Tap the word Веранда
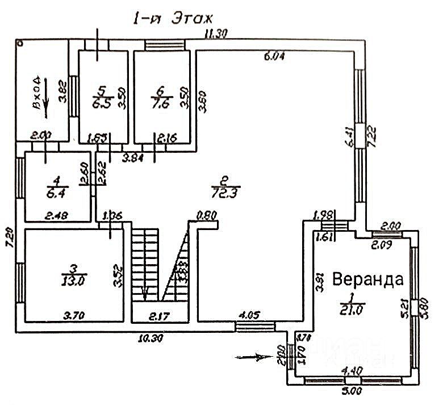[368, 279]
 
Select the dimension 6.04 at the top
[274, 56]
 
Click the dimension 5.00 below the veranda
[353, 391]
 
